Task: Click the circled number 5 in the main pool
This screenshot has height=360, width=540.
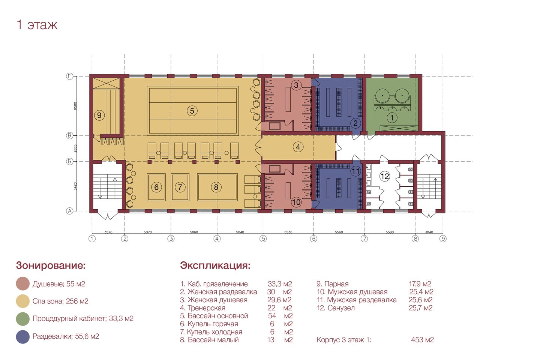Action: click(192, 111)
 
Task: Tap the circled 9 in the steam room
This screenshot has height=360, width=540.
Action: click(99, 115)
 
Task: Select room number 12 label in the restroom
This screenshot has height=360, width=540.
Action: click(384, 176)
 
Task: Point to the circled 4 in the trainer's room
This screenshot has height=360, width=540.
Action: click(298, 147)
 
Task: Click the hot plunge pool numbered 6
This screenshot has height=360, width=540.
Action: click(156, 187)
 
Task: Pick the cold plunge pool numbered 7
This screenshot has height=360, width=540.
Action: click(180, 187)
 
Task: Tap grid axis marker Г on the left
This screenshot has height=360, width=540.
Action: click(69, 76)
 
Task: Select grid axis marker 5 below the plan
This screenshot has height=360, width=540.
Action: click(263, 239)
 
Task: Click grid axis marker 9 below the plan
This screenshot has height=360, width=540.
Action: click(443, 239)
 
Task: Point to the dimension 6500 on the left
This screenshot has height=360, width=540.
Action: click(75, 106)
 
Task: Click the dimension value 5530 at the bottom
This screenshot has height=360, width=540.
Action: click(288, 232)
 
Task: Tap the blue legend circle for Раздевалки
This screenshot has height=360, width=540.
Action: click(22, 337)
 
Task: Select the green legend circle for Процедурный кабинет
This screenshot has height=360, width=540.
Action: click(22, 319)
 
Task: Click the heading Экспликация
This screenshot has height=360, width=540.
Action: click(215, 265)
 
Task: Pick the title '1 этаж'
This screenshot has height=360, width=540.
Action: click(37, 25)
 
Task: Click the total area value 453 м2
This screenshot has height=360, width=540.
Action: click(422, 340)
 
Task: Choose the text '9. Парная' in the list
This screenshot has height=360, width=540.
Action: click(332, 284)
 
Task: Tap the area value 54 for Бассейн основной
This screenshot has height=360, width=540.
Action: click(272, 316)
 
